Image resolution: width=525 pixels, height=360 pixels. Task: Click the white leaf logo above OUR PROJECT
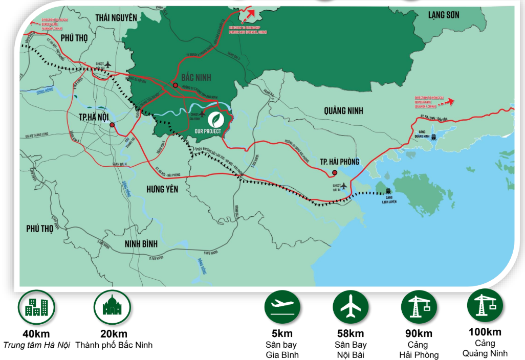click(215, 119)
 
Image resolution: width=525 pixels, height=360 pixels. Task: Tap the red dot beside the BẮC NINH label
click(175, 85)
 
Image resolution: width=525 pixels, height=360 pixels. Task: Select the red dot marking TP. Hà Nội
click(112, 124)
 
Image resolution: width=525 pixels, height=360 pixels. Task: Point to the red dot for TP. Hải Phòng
click(334, 172)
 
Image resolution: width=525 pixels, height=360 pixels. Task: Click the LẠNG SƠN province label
click(444, 15)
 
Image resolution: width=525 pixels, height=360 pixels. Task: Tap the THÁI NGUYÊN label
click(116, 17)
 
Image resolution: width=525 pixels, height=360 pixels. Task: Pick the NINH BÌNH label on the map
click(141, 243)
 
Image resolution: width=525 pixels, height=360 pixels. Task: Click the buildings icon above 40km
click(36, 307)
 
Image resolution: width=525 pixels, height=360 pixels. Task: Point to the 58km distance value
click(351, 334)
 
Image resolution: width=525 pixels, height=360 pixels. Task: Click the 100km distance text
click(485, 332)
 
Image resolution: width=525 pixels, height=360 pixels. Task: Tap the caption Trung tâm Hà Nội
click(36, 345)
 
